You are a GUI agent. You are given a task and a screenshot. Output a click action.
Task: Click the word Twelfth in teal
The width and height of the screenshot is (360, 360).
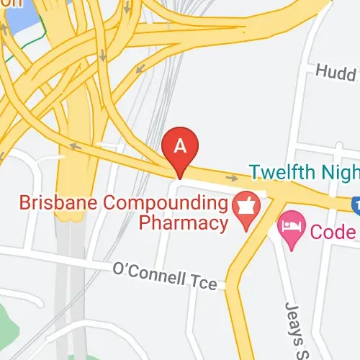pos(283,171)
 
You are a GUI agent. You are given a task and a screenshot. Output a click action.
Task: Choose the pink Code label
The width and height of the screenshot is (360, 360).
pos(333,232)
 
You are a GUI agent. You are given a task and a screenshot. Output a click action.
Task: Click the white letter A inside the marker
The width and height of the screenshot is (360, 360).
pos(181,145)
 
